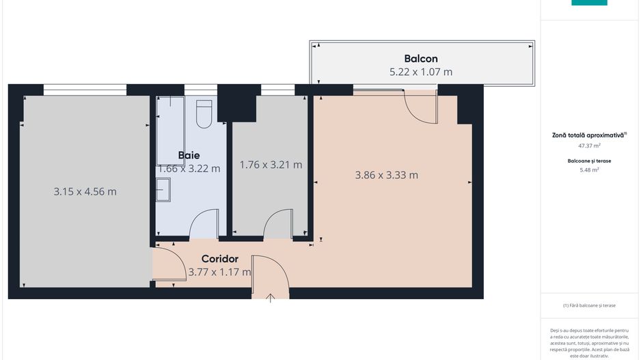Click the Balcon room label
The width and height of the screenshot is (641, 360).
pos(420,59)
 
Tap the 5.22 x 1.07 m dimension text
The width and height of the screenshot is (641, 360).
pos(420,72)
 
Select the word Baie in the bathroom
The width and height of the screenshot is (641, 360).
pos(189,155)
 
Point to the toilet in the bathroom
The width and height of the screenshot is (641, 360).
pos(204,114)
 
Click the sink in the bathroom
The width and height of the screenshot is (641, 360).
pos(163,189)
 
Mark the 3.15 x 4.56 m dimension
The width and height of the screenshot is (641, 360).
pos(85,191)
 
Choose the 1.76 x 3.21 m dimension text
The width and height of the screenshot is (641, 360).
pos(271,165)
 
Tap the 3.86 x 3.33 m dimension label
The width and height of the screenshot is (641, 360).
pos(386,175)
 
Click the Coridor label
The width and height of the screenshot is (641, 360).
pos(219,259)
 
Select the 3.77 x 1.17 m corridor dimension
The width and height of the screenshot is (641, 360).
pos(219,272)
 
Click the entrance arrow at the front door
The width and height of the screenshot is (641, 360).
pos(271,297)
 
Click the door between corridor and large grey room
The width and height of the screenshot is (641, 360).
pos(168,265)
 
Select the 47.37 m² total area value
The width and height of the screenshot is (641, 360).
pos(589,146)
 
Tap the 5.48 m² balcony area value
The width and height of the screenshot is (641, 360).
pos(589,169)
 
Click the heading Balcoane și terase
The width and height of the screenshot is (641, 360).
pos(589,161)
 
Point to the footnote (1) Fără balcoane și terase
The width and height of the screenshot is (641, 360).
pos(589,305)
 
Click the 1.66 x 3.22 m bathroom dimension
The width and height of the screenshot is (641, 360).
pos(189,168)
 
